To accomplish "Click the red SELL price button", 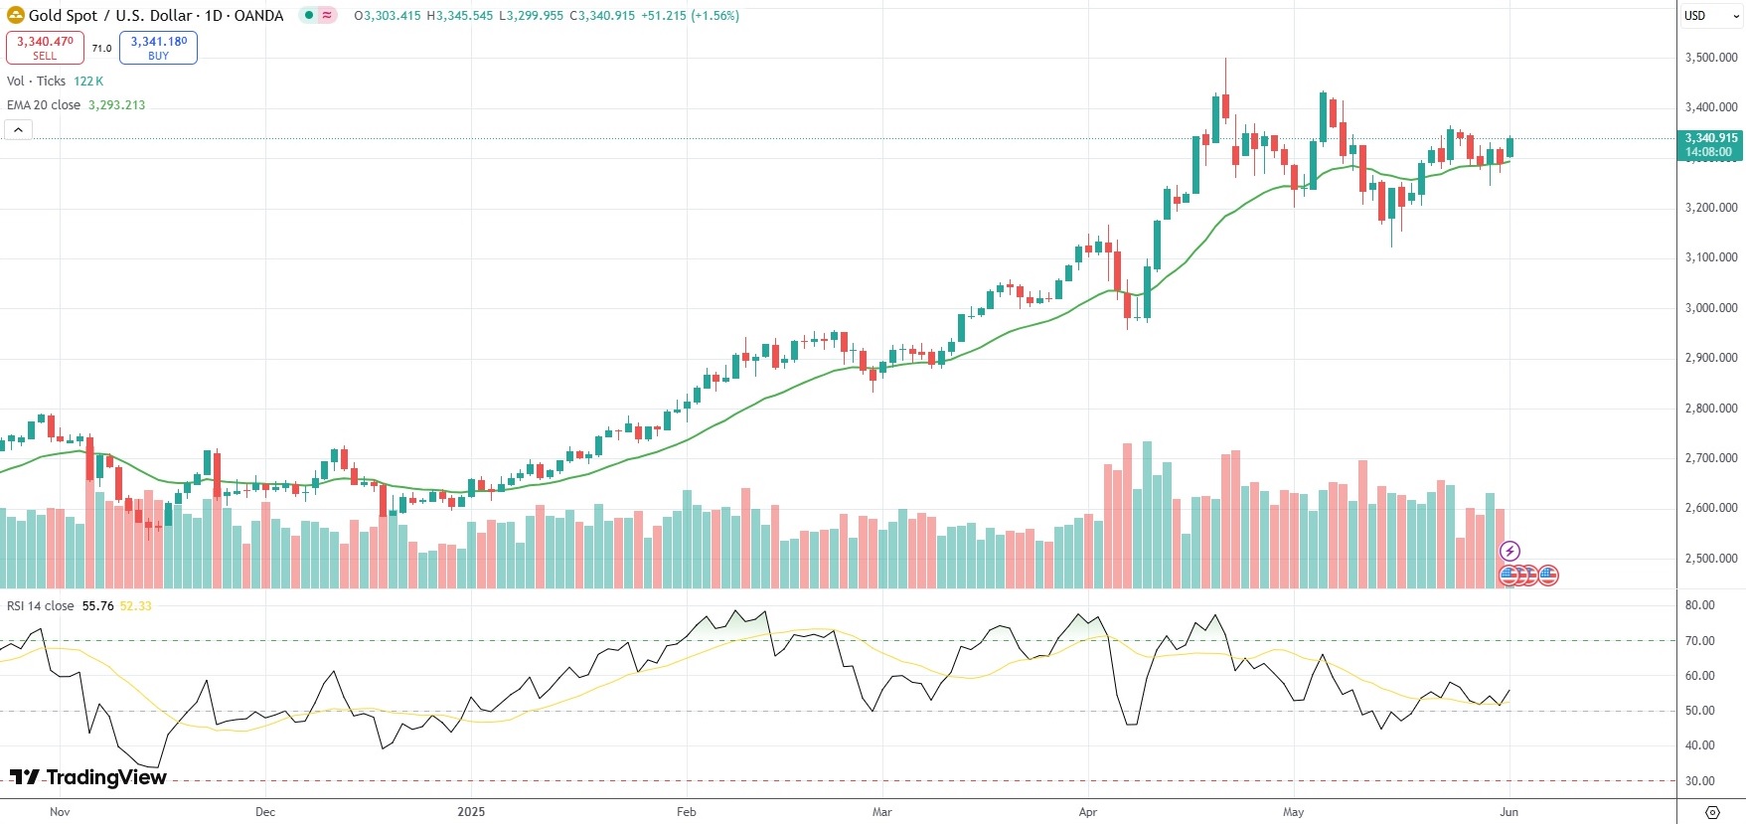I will tap(45, 47).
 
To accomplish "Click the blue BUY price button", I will tap(158, 47).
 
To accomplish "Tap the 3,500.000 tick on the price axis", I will tap(1711, 58).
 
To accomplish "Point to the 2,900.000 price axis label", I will tap(1711, 358).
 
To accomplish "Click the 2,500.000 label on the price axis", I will tap(1711, 559).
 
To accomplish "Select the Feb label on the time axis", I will tap(686, 812).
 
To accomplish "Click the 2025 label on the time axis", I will tap(471, 812).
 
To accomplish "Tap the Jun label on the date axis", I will tap(1508, 812).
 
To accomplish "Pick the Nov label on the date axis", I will tap(60, 812).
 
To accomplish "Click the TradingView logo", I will tap(88, 777).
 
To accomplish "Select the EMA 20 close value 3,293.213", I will tap(116, 105).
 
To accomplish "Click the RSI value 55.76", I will tap(97, 606).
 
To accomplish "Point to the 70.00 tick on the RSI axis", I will tap(1699, 641).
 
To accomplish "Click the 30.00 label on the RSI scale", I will tap(1699, 781).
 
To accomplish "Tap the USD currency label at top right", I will tap(1694, 16).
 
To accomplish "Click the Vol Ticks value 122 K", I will tap(88, 82).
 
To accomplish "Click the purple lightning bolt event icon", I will tap(1509, 551).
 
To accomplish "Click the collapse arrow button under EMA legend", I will tap(18, 129).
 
